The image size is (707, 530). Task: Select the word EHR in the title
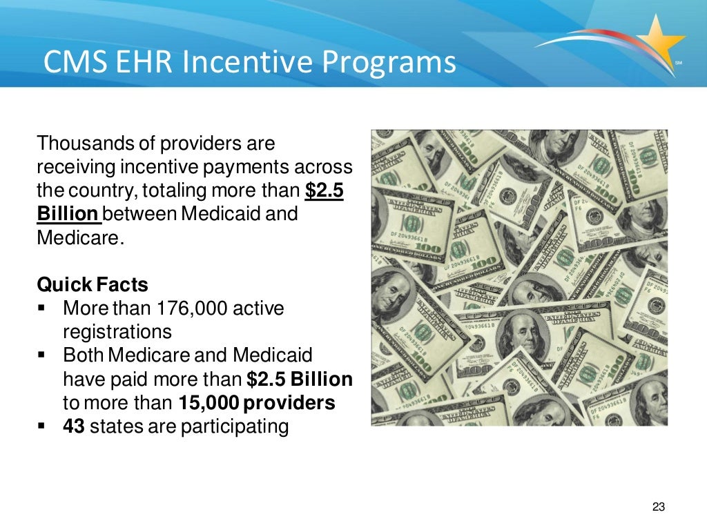(139, 63)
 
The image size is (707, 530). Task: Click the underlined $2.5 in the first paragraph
(324, 190)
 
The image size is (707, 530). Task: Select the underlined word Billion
(68, 214)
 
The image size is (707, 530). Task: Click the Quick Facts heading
(93, 284)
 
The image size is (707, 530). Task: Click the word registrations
(117, 331)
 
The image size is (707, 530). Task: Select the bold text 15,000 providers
(257, 403)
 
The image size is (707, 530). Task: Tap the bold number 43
(73, 426)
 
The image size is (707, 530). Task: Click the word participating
(234, 426)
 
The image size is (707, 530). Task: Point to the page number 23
(658, 507)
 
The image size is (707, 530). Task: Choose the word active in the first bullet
(258, 308)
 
